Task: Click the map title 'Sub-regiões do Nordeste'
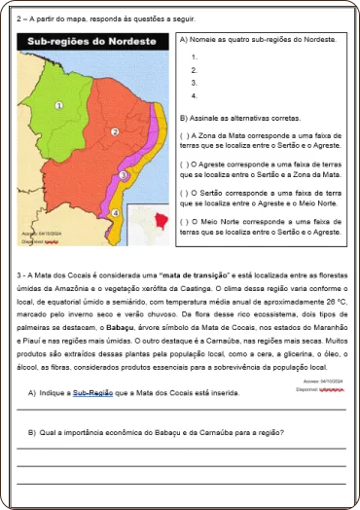(91, 43)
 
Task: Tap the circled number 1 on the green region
(58, 106)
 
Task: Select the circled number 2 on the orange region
(115, 131)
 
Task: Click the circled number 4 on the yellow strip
(115, 212)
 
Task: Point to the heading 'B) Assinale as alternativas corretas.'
(241, 116)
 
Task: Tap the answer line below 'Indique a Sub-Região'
(180, 411)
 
